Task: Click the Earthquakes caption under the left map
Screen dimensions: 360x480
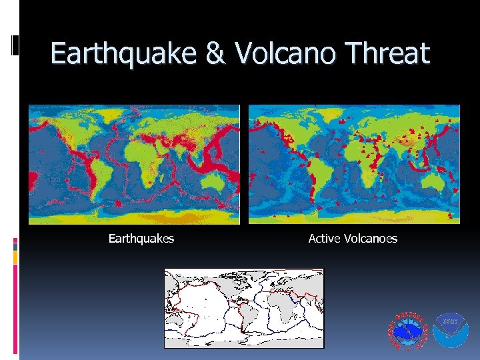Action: pos(141,238)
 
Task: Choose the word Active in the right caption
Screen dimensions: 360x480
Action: pos(325,238)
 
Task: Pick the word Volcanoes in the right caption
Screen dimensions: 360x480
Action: pos(370,238)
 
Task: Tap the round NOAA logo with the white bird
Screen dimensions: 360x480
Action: pos(452,331)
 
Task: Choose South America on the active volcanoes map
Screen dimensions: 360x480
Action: pos(308,175)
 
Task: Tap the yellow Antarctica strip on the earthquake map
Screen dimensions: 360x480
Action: pos(133,214)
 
